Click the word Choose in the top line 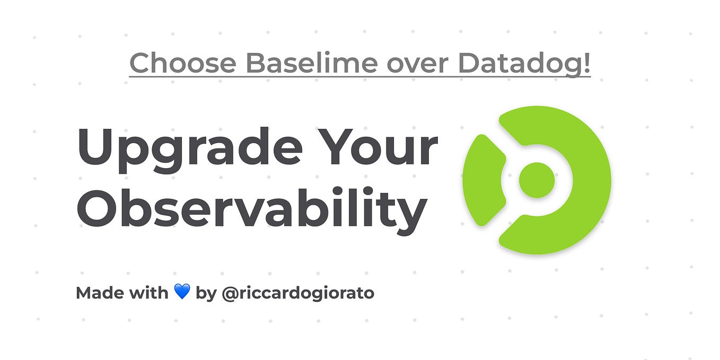[183, 64]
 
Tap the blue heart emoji [182, 292]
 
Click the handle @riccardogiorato [297, 293]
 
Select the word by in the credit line [206, 293]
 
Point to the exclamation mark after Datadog [586, 64]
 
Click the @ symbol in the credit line [230, 293]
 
